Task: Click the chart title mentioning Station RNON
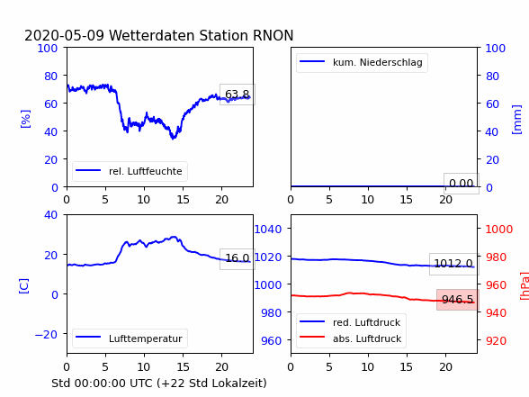(159, 35)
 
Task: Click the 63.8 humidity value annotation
(238, 95)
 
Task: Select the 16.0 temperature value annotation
(238, 258)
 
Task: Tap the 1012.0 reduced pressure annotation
(453, 264)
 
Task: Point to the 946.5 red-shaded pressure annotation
(457, 300)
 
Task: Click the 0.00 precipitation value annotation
(461, 184)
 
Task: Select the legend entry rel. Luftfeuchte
(130, 171)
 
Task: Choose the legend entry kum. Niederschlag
(362, 62)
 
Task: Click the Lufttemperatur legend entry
(130, 338)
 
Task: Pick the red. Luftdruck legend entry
(351, 322)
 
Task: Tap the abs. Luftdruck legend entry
(351, 338)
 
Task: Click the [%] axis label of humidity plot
(25, 119)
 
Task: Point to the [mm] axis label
(516, 120)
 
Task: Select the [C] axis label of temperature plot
(24, 286)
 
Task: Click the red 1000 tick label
(499, 230)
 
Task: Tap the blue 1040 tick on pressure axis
(268, 230)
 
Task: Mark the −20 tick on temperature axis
(46, 335)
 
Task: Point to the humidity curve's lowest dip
(173, 138)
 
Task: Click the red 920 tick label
(496, 340)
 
